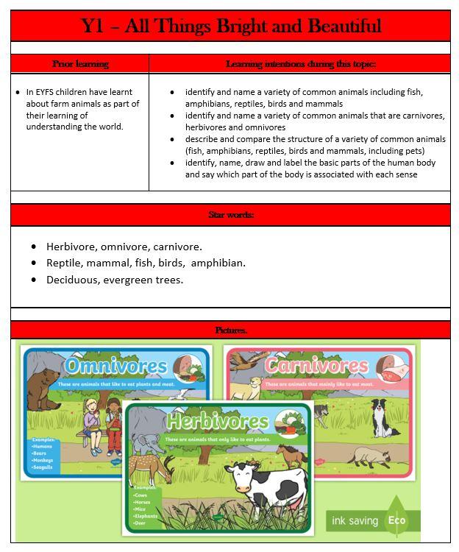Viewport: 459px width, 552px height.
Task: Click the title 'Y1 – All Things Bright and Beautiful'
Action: [231, 26]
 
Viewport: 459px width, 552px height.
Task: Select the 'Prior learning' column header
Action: [81, 64]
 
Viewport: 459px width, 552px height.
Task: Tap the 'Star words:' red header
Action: [231, 215]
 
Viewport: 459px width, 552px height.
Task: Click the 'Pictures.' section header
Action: [231, 330]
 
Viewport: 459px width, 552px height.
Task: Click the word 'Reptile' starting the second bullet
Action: [65, 263]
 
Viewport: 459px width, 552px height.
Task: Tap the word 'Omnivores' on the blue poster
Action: [115, 366]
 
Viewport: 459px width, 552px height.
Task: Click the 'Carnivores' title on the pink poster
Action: [316, 365]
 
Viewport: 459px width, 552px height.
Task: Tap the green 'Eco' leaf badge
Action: [397, 518]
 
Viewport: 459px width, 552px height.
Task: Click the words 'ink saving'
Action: [355, 520]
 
